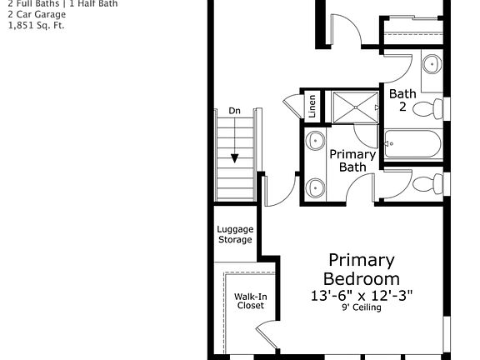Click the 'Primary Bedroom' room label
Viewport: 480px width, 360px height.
[x=361, y=269]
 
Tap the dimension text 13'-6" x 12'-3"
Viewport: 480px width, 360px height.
[x=361, y=295]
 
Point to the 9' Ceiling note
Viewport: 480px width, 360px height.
[x=361, y=307]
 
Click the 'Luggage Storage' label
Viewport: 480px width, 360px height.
[x=235, y=234]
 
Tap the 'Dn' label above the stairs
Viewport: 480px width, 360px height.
[x=234, y=111]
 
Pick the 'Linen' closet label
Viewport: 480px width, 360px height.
[x=312, y=106]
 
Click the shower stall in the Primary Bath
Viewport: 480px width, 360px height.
[x=354, y=107]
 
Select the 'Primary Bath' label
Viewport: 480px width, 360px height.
[x=352, y=160]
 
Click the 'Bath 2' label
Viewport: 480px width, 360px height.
[x=402, y=101]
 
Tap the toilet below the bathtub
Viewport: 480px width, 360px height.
[x=427, y=182]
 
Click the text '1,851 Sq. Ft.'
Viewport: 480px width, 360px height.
[x=36, y=25]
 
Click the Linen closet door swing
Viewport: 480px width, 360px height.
[x=291, y=105]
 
